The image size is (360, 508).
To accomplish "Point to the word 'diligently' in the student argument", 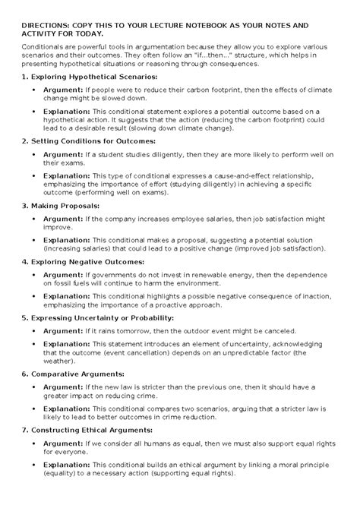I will coord(158,153).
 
